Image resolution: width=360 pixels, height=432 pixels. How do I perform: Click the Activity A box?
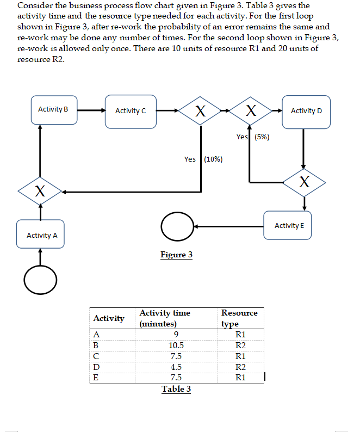(x=42, y=234)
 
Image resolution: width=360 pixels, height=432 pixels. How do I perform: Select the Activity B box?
(x=53, y=109)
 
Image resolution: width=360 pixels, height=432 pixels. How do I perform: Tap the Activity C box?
(x=131, y=111)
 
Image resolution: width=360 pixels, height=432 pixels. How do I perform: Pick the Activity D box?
(x=306, y=112)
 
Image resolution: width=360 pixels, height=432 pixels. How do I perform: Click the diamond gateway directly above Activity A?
(x=40, y=191)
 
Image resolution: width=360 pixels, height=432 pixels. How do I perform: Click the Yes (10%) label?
(x=203, y=159)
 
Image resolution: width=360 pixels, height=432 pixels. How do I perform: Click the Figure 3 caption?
(x=176, y=255)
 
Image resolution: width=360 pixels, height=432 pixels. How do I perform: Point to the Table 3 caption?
(x=176, y=389)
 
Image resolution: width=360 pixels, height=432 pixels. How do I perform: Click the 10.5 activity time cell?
(x=176, y=345)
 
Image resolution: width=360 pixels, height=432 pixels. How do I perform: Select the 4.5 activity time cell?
(x=176, y=367)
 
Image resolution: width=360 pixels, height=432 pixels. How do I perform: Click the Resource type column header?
(x=239, y=318)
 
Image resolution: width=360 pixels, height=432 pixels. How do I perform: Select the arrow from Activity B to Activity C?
(x=91, y=110)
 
